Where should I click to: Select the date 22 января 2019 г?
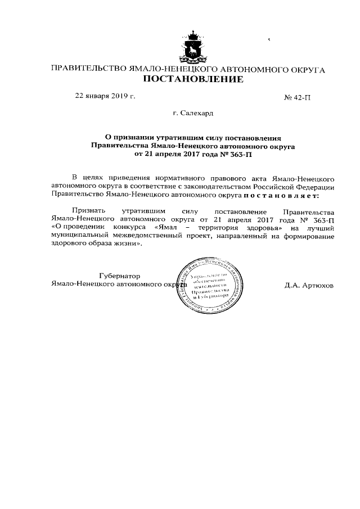(x=105, y=96)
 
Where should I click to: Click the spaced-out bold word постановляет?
(x=281, y=195)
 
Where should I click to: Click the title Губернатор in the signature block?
(x=119, y=276)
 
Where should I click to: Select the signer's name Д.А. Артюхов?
(x=309, y=285)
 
